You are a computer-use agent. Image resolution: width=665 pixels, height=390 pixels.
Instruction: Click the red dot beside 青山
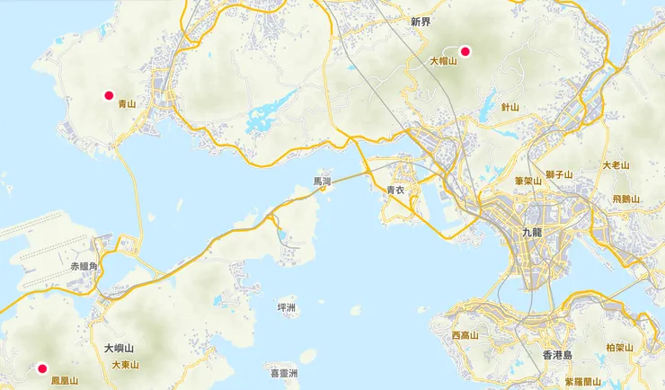109,95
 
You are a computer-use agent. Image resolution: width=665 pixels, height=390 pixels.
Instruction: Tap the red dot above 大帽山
465,51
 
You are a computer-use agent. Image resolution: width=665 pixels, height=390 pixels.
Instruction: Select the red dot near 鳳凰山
41,367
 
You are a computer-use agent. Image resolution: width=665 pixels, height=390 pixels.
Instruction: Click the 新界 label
421,20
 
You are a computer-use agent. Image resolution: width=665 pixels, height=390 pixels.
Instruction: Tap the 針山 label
510,107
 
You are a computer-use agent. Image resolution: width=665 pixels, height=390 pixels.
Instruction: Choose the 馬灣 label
322,181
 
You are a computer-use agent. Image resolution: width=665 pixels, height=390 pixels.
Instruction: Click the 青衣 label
396,190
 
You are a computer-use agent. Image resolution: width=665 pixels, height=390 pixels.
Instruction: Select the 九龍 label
532,232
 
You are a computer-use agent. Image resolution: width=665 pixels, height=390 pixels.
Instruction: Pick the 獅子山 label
559,173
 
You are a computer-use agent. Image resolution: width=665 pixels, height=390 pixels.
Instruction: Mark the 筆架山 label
528,181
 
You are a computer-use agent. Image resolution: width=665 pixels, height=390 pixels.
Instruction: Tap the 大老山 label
616,165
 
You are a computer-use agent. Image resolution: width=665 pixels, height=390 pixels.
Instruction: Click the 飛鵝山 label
625,199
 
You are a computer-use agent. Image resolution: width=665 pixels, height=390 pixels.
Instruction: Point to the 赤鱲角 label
89,267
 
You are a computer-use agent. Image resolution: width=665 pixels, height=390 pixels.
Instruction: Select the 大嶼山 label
119,348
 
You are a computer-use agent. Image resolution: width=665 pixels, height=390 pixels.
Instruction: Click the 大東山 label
126,365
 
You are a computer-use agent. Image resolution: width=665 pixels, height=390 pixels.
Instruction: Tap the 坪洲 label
288,307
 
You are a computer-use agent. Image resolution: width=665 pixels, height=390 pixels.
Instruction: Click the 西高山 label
466,335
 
